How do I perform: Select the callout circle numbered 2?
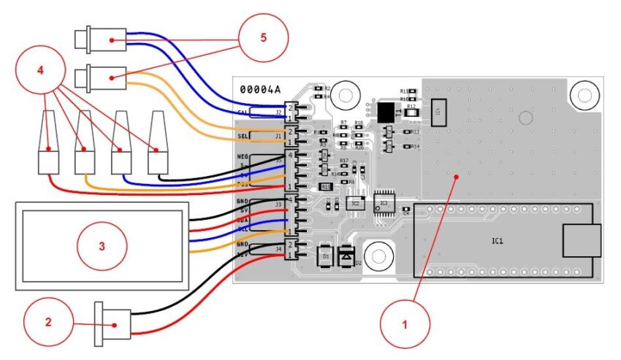tap(47, 322)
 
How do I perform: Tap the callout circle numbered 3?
tap(102, 245)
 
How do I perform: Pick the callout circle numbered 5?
tap(264, 39)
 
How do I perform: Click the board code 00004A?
tap(260, 89)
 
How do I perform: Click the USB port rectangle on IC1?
tap(581, 241)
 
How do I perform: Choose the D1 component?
tap(324, 256)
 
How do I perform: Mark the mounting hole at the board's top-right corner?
tap(584, 95)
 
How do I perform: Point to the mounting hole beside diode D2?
tap(378, 256)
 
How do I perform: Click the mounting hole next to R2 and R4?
tap(347, 95)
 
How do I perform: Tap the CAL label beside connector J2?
tap(244, 112)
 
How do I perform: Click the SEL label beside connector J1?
tap(244, 137)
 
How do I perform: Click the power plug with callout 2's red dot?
tap(113, 321)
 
